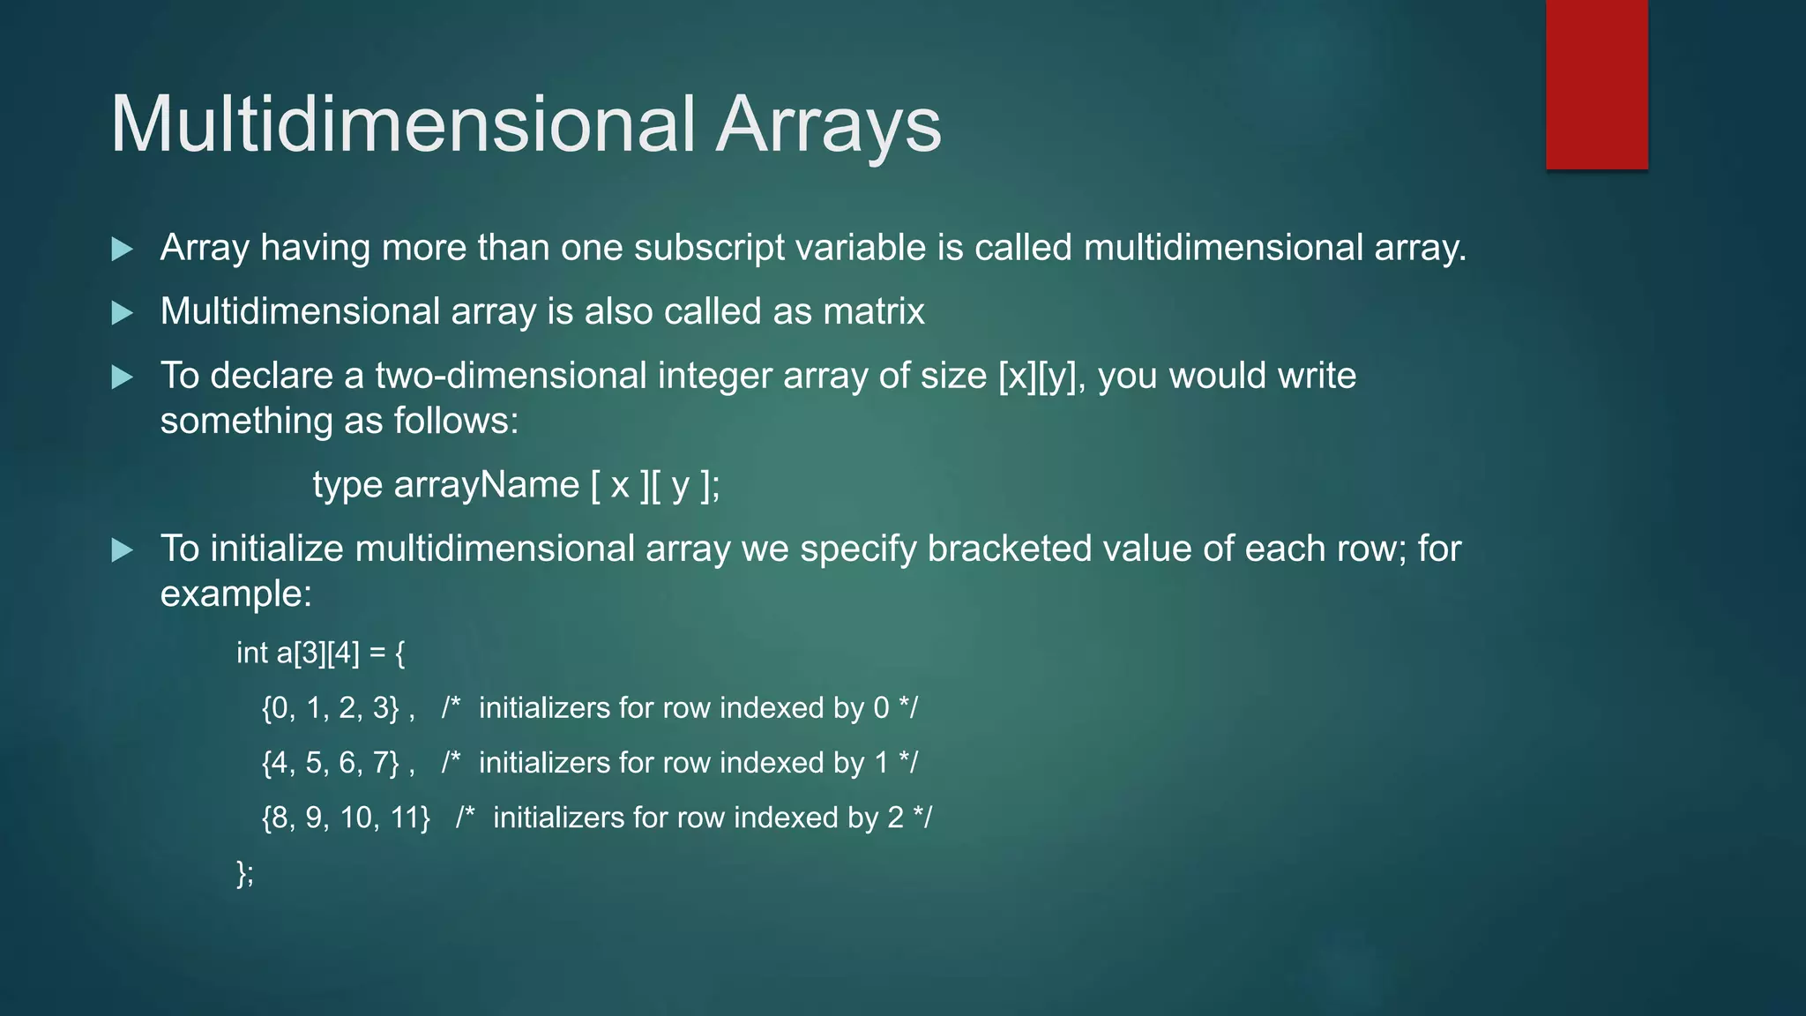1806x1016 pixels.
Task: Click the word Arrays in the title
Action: coord(828,125)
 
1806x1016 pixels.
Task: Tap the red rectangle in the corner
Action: coord(1596,84)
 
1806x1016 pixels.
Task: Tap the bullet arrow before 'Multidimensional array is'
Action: coord(123,313)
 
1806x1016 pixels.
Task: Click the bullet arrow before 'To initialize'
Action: coord(123,551)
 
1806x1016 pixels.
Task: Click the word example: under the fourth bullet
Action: coord(235,594)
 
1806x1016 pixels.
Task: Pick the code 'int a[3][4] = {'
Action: coord(320,654)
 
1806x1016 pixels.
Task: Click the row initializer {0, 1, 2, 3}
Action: coord(331,708)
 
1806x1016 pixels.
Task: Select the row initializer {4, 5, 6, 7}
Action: coord(331,763)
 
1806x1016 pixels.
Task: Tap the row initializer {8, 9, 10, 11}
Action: coord(346,818)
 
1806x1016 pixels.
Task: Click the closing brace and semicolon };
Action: coord(245,873)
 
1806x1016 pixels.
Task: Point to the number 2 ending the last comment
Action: coord(895,818)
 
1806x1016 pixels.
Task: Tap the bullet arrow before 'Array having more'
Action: coord(123,250)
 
